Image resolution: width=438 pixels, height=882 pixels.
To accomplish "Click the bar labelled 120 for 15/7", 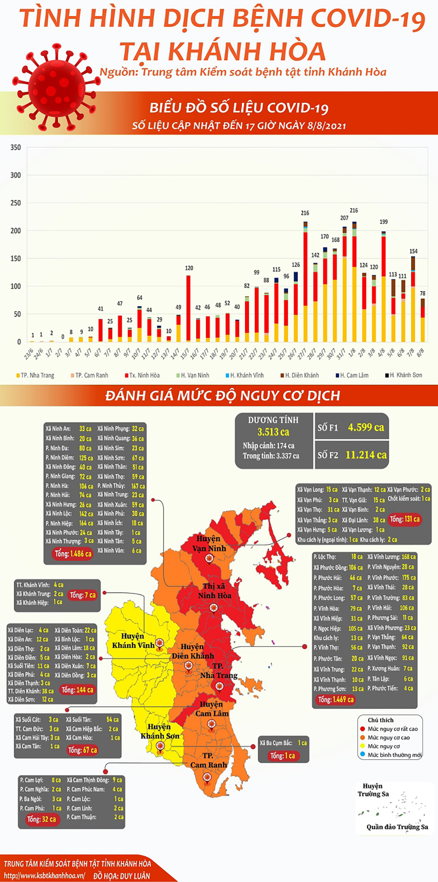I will [x=189, y=309].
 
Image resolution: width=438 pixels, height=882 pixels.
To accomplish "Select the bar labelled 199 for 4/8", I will [x=383, y=286].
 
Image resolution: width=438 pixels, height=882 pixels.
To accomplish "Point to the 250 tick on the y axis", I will [x=16, y=203].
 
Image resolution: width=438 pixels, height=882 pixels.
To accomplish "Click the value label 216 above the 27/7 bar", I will [x=305, y=213].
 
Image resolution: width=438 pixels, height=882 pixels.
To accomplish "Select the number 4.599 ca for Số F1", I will [x=366, y=427].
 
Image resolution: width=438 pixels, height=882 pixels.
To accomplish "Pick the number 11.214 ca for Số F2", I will [x=366, y=455].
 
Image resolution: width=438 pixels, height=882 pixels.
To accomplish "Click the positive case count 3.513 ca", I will [x=273, y=432].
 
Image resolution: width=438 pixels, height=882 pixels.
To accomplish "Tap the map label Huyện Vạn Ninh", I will [x=209, y=543].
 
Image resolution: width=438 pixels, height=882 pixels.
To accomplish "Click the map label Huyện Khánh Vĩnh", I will [x=133, y=640].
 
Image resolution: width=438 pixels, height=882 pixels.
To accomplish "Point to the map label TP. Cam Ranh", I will [x=208, y=760].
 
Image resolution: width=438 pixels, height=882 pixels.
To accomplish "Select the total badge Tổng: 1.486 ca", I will [x=73, y=554].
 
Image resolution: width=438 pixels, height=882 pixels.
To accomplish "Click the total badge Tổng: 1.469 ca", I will [x=336, y=699].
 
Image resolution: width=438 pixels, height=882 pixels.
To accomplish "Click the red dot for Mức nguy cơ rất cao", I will [x=362, y=729].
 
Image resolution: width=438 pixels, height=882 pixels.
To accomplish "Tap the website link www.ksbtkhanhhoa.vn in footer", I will [x=44, y=876].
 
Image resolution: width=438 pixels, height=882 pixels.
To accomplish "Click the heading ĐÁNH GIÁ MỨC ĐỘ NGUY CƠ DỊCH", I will [x=223, y=396].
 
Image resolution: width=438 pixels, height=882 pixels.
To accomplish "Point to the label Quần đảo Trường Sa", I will [x=397, y=827].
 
